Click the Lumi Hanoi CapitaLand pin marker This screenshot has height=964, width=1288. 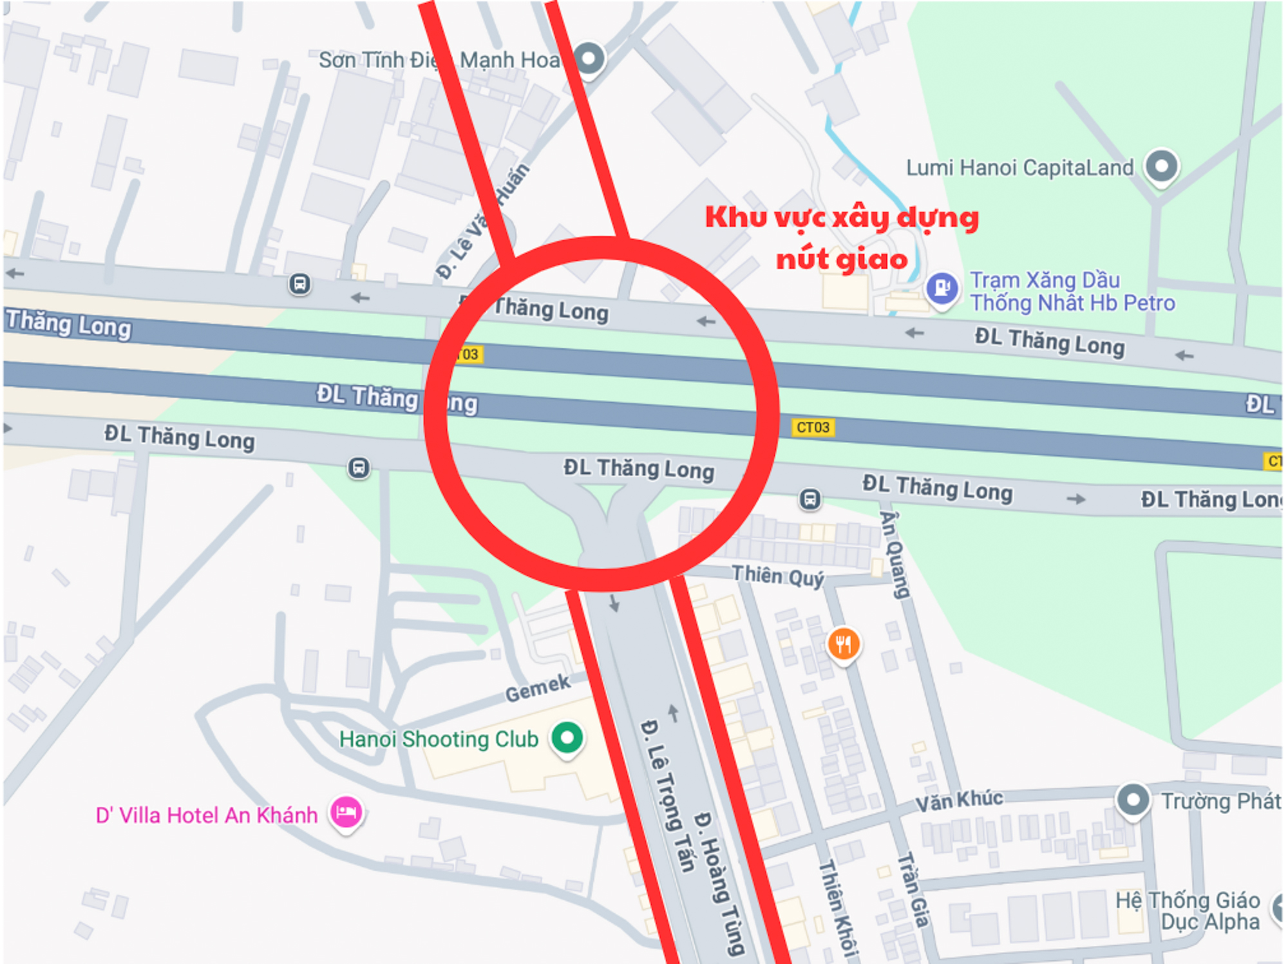(1161, 166)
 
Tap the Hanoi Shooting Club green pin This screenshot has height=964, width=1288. (567, 737)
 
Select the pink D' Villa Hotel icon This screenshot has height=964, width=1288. (346, 813)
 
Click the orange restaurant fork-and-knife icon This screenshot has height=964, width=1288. (843, 643)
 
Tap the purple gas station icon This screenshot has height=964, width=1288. (942, 287)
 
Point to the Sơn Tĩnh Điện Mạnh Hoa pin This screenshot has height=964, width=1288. (589, 59)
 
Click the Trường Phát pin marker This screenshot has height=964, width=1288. (1133, 800)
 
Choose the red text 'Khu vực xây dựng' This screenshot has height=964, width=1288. (842, 218)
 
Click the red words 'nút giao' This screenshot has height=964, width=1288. (842, 260)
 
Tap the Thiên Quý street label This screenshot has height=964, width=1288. (778, 575)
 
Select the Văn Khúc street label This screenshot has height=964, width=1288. (959, 800)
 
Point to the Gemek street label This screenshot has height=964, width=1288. (538, 688)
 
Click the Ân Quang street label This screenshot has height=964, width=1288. (895, 554)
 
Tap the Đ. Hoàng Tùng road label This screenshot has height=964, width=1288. (721, 882)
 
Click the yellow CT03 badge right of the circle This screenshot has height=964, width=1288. (813, 427)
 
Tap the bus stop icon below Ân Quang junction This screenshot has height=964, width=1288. (810, 498)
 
